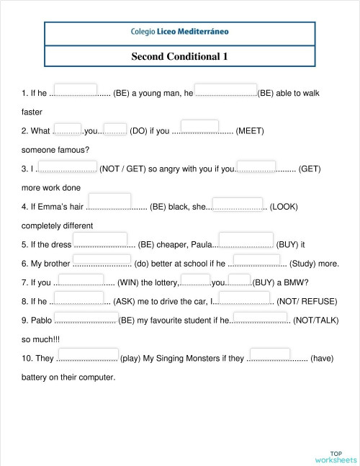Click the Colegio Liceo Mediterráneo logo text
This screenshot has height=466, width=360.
pyautogui.click(x=180, y=32)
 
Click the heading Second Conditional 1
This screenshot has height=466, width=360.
pyautogui.click(x=180, y=55)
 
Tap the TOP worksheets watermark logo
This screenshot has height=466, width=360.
pyautogui.click(x=336, y=455)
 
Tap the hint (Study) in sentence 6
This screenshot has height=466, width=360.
pyautogui.click(x=303, y=264)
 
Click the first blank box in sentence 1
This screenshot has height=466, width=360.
pyautogui.click(x=76, y=89)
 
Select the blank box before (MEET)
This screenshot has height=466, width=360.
pyautogui.click(x=204, y=127)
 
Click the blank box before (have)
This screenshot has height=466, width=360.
pyautogui.click(x=270, y=354)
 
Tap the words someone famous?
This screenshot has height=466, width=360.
pyautogui.click(x=55, y=150)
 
